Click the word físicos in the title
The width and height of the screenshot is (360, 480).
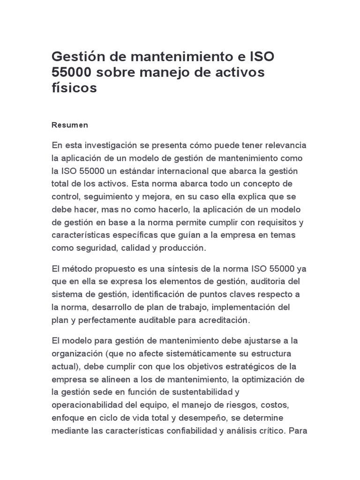(74, 88)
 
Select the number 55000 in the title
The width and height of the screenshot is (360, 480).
(72, 73)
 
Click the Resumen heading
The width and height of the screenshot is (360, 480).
(69, 126)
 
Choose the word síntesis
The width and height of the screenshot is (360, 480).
(189, 269)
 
